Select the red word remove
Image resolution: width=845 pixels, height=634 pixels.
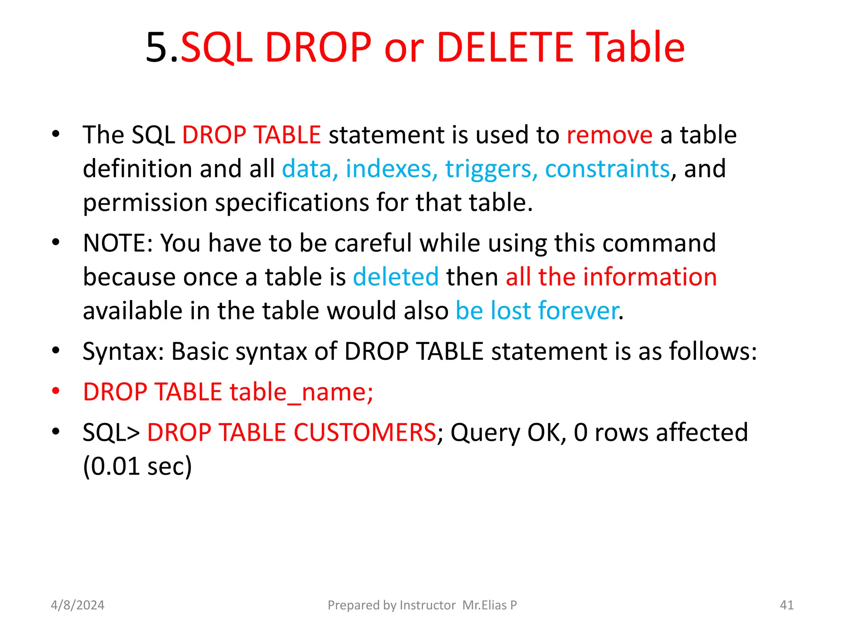tap(609, 135)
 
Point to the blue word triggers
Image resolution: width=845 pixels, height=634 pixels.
tap(491, 169)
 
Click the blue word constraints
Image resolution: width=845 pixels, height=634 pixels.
tap(607, 169)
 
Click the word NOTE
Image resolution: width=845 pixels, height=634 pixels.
tap(114, 243)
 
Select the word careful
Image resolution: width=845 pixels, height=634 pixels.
tap(373, 243)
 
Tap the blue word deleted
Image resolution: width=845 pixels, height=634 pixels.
tap(396, 277)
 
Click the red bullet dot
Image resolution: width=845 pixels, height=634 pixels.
tap(56, 390)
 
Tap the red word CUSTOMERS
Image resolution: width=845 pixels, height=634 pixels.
tap(364, 433)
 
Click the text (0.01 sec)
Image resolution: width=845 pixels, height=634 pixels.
tap(137, 466)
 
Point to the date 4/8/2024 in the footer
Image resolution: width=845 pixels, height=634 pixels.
tap(78, 605)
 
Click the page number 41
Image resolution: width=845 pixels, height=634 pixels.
tap(787, 605)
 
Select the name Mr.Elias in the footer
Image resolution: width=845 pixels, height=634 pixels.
tap(484, 605)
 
